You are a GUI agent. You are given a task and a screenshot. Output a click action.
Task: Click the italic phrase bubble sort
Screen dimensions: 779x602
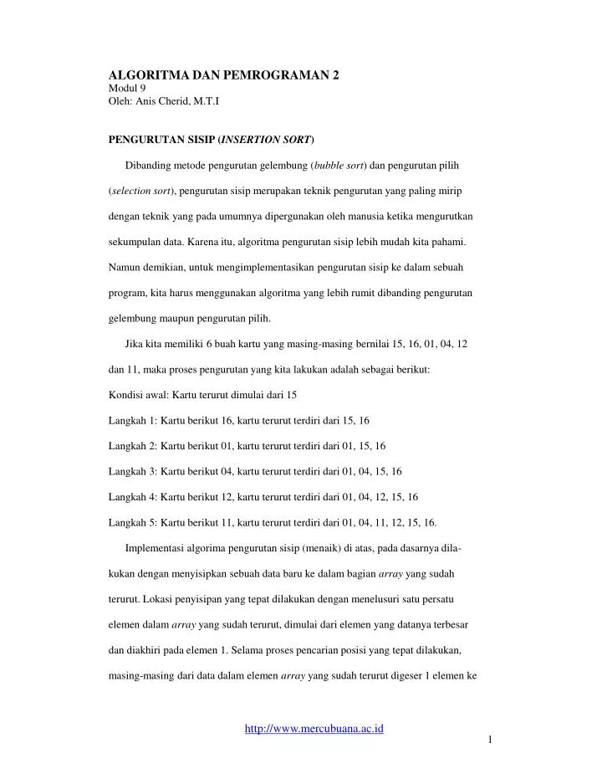[339, 164]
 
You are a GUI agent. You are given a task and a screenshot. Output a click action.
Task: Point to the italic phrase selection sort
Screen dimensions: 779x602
[140, 191]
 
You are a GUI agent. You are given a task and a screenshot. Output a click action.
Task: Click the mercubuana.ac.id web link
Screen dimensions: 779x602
[314, 729]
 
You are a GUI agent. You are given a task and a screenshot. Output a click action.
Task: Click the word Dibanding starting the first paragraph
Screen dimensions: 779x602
[149, 164]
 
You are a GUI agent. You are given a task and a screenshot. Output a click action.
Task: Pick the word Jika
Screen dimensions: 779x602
[133, 345]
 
